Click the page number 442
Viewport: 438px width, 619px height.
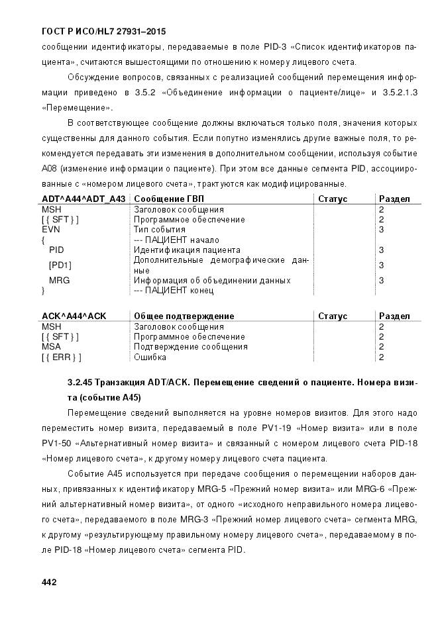tap(48, 582)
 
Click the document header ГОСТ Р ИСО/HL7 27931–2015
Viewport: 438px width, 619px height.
tap(103, 31)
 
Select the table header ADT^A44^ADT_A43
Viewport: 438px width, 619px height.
tap(83, 199)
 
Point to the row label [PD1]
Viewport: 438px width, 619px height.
tap(60, 265)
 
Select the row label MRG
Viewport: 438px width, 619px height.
tap(60, 280)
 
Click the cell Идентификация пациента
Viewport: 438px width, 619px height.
tap(187, 250)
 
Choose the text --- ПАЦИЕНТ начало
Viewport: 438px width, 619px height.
tap(176, 240)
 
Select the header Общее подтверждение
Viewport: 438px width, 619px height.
tap(184, 316)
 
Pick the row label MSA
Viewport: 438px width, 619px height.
tap(51, 346)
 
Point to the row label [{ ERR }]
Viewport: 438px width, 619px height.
tap(62, 357)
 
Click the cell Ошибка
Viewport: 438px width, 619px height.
tap(150, 357)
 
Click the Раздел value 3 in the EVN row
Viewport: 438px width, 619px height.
tap(381, 229)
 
